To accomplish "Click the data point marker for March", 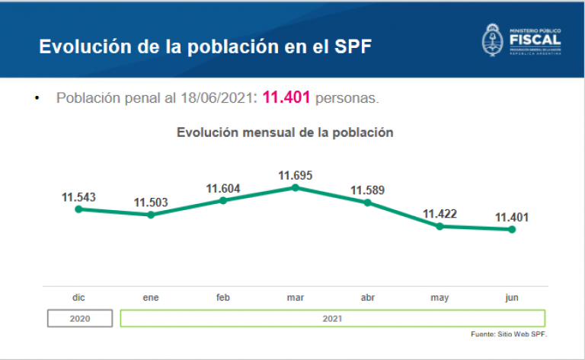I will coord(296,187).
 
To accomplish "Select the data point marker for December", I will coord(78,209).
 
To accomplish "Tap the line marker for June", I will coord(512,229).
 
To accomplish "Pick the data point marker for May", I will coord(440,226).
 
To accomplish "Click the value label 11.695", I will coord(296,175).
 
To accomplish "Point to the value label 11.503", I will coord(151,202).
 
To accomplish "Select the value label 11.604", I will coord(223,189).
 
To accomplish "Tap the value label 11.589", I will coord(367,190).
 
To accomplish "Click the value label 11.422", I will coord(440,214).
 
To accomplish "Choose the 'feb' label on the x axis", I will coord(223,298).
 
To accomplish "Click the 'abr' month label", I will coord(367,298).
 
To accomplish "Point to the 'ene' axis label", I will coord(151,298).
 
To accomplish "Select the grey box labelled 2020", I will coord(79,318).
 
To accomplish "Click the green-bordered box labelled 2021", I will coord(332,318).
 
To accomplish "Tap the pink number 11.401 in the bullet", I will coord(286,98).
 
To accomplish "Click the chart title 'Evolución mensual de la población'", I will coord(285,132).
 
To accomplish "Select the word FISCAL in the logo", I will coord(535,39).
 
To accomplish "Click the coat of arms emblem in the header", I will coord(493,39).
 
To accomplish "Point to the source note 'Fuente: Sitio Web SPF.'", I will coord(509,334).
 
